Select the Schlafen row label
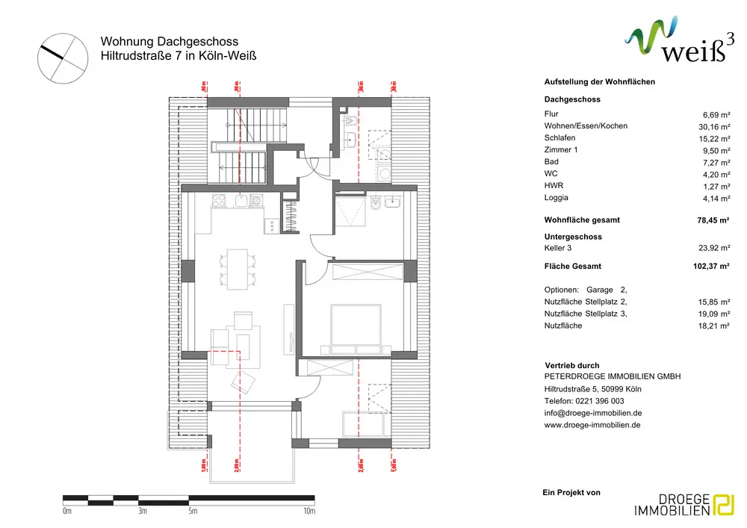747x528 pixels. (x=560, y=138)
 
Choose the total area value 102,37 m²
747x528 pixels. (x=710, y=265)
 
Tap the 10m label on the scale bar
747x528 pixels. (x=309, y=512)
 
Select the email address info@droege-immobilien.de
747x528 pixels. (x=593, y=413)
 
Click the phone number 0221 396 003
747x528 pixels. (x=596, y=401)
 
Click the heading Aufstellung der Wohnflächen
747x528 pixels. (x=600, y=81)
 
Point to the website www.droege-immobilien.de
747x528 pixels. (x=592, y=425)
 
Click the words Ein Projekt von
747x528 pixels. (x=571, y=492)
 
